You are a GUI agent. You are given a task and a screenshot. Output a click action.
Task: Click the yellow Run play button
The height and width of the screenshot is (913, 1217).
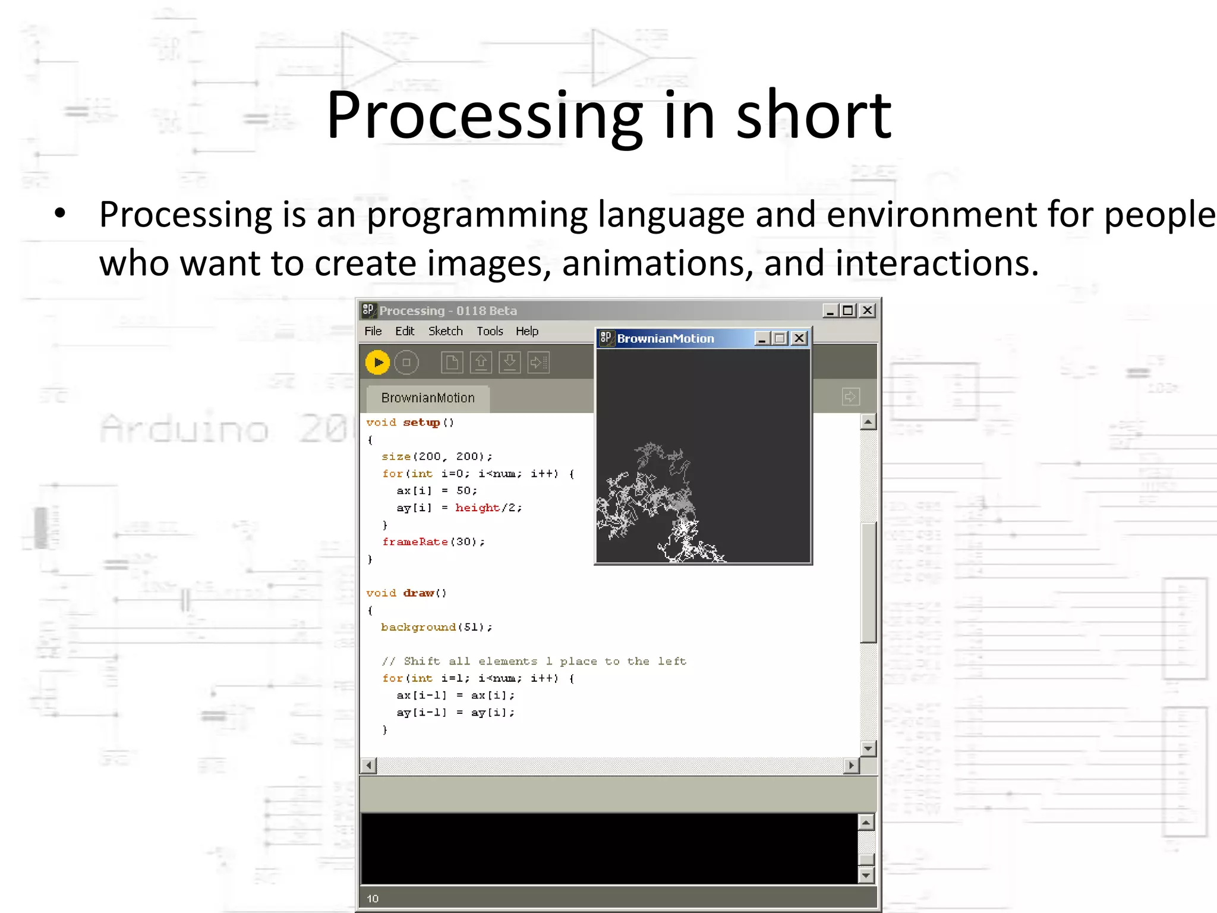click(x=377, y=363)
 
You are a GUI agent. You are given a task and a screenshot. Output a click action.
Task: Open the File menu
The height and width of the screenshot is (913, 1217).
click(x=373, y=331)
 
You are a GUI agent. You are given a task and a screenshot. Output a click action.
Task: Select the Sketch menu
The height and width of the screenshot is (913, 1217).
click(x=446, y=331)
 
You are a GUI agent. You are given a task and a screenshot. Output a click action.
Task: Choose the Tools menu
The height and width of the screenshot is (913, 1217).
click(x=490, y=331)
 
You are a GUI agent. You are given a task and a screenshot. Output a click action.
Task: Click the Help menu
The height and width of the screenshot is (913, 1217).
click(x=527, y=331)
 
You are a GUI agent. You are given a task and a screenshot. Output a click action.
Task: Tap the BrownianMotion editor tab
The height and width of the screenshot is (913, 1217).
click(x=428, y=398)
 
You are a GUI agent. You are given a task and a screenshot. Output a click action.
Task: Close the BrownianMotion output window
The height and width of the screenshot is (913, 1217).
click(x=800, y=338)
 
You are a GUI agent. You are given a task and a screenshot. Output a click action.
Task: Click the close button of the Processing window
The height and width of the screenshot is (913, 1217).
click(x=868, y=310)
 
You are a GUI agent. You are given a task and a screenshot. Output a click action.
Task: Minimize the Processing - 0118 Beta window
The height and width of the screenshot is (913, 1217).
click(x=830, y=310)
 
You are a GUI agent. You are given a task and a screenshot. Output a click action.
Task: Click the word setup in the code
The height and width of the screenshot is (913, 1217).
click(x=421, y=423)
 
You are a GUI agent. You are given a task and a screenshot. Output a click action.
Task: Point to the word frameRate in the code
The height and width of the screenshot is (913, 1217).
click(x=415, y=542)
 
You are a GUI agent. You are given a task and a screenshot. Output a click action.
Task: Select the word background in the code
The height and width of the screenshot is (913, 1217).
click(x=418, y=627)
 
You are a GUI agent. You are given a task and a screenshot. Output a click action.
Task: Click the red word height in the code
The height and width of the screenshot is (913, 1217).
click(x=477, y=508)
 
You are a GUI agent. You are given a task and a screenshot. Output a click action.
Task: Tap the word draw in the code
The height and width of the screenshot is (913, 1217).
click(x=418, y=593)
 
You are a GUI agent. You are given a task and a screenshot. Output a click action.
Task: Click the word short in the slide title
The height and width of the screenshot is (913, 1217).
click(x=814, y=115)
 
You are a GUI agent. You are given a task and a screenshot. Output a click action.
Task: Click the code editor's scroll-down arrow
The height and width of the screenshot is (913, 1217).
click(x=868, y=748)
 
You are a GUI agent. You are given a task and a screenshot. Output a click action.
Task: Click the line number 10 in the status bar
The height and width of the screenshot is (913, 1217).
click(x=373, y=899)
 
